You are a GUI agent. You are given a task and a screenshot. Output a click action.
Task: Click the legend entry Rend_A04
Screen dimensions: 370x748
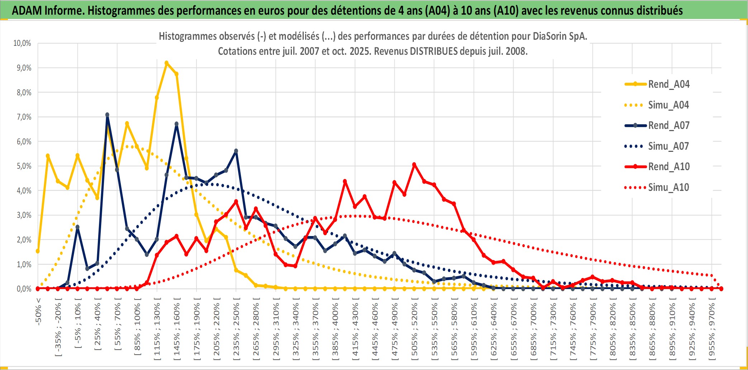click(x=668, y=84)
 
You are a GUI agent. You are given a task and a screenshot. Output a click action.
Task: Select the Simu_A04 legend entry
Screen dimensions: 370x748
click(x=668, y=105)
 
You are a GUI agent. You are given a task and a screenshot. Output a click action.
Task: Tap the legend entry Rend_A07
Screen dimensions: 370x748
click(x=668, y=125)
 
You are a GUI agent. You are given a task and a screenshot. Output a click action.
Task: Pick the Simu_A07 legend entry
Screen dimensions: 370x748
click(x=668, y=146)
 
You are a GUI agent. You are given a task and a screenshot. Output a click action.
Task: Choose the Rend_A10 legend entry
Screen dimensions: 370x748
click(x=668, y=167)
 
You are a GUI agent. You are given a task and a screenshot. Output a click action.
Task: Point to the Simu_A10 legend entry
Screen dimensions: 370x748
click(x=668, y=187)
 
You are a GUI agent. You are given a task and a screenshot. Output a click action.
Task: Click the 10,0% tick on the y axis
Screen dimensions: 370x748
click(x=22, y=43)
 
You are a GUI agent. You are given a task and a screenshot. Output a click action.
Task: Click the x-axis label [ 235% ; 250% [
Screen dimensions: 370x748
click(x=236, y=330)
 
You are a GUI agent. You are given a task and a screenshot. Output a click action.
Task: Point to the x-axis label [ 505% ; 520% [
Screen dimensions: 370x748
click(x=414, y=330)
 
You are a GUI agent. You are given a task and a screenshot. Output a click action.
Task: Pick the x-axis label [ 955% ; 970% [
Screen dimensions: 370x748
click(x=711, y=330)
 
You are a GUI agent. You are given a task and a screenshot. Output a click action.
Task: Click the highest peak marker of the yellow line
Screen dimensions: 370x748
click(x=166, y=63)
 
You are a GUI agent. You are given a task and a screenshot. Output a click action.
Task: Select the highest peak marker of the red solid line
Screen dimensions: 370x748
click(x=414, y=165)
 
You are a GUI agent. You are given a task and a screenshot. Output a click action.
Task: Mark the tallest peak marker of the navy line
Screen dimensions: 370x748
click(x=107, y=115)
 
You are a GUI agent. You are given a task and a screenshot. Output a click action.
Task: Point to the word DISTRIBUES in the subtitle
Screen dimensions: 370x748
click(x=434, y=51)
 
